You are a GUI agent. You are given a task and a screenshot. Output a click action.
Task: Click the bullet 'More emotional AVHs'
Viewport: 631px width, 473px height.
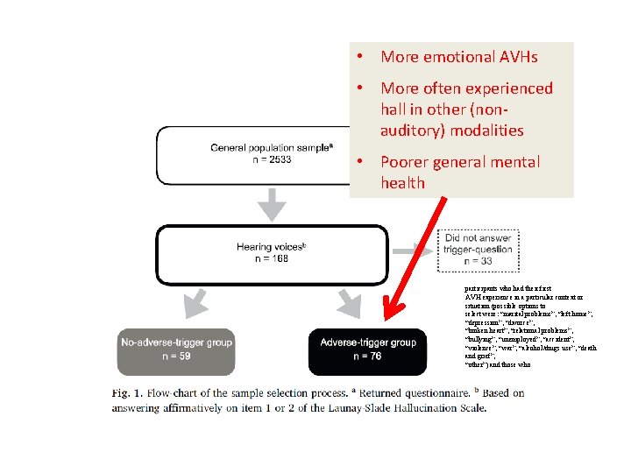pos(458,57)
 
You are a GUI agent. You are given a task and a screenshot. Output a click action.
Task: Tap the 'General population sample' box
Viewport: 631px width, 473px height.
pos(252,156)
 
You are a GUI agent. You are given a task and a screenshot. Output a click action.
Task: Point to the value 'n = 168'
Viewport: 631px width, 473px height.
pos(271,258)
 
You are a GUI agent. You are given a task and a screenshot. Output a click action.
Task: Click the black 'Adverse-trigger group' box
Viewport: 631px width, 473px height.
pos(367,349)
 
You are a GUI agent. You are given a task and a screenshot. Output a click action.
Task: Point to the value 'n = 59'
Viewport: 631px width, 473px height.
pos(179,357)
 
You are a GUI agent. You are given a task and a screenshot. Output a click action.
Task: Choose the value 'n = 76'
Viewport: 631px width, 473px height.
pos(367,357)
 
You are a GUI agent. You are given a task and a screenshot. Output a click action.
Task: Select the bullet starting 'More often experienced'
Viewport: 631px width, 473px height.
pos(466,109)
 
